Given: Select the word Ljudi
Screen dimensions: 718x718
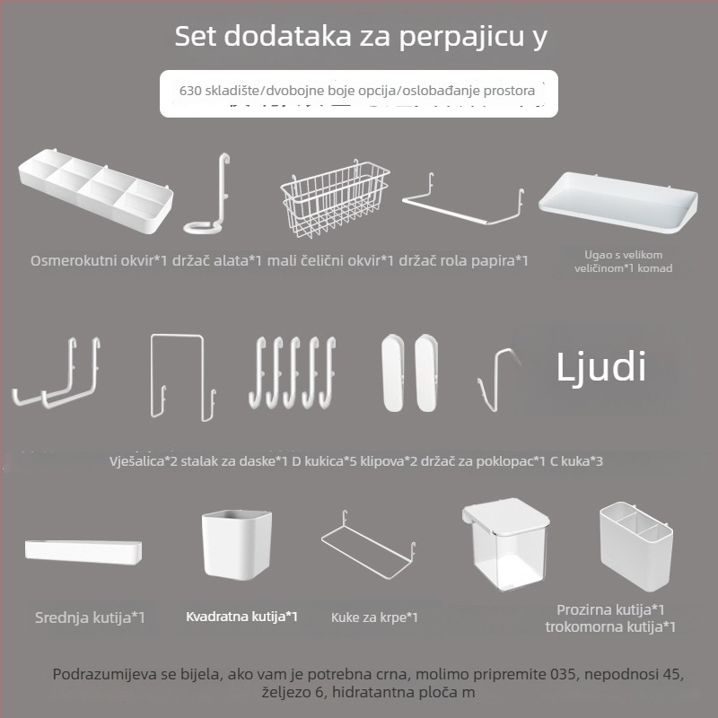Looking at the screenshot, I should click(601, 368).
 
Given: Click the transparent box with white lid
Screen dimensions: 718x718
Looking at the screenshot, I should click(505, 543).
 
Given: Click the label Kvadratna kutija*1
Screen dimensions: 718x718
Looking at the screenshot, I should click(241, 617).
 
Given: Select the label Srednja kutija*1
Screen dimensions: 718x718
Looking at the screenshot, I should click(90, 617).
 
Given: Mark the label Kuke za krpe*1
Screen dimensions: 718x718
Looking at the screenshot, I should click(374, 617).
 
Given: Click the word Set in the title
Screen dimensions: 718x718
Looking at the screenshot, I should click(196, 38).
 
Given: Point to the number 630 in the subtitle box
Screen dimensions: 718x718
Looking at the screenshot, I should click(192, 91).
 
